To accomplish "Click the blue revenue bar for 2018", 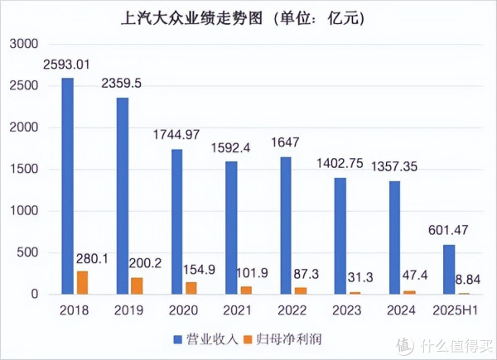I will (68, 186).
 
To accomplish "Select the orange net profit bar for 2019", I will (137, 286).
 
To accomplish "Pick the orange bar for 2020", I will (191, 288).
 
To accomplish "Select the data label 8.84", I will (466, 281).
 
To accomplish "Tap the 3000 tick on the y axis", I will (25, 43).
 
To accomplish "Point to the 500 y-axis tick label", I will (29, 252).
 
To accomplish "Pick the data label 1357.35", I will (394, 166).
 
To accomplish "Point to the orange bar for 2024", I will (410, 290).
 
